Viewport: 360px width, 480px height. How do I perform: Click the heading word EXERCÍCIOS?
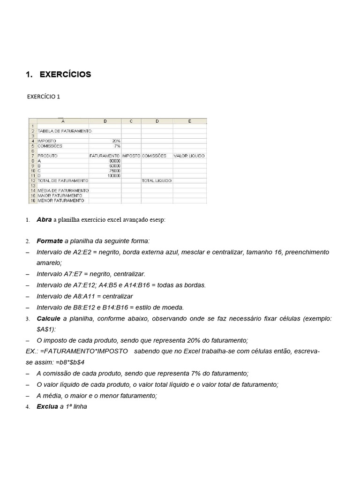pyautogui.click(x=66, y=75)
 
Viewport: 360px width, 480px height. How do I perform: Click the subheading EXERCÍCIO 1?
pyautogui.click(x=44, y=97)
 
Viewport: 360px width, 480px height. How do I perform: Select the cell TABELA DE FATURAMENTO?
pyautogui.click(x=64, y=131)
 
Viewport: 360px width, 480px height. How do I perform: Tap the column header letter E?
pyautogui.click(x=189, y=121)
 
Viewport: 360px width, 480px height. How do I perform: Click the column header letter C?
pyautogui.click(x=131, y=121)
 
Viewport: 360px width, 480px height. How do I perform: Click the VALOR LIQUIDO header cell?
pyautogui.click(x=189, y=156)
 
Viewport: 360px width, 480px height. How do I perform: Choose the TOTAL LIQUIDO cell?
pyautogui.click(x=157, y=180)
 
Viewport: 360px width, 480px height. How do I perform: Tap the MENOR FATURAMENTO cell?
pyautogui.click(x=61, y=201)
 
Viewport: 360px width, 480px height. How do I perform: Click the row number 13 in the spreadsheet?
pyautogui.click(x=33, y=186)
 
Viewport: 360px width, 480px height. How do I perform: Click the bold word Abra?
pyautogui.click(x=44, y=220)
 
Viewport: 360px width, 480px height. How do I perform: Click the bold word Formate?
pyautogui.click(x=50, y=241)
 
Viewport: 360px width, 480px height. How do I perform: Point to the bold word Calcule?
pyautogui.click(x=49, y=319)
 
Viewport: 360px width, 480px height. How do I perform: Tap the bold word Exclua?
pyautogui.click(x=47, y=407)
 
